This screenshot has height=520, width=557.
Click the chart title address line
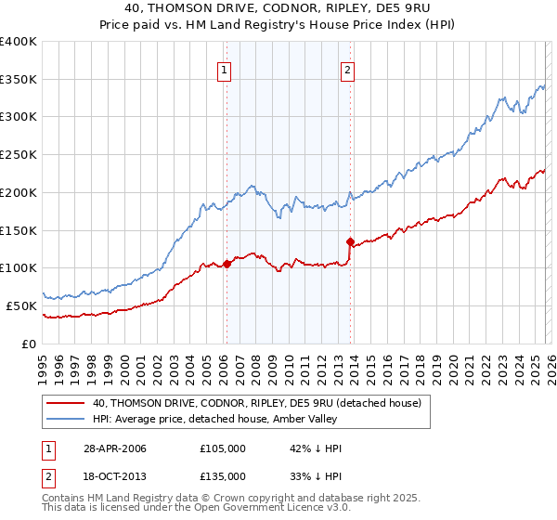(x=278, y=8)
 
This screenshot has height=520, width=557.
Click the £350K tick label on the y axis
(x=19, y=80)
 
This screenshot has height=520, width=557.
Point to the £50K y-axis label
(x=22, y=305)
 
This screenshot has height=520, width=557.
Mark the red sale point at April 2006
(x=227, y=265)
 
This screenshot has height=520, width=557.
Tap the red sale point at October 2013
(x=350, y=242)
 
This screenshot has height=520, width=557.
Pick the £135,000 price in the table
(x=223, y=475)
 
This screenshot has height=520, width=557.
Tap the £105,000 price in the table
(x=223, y=448)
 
